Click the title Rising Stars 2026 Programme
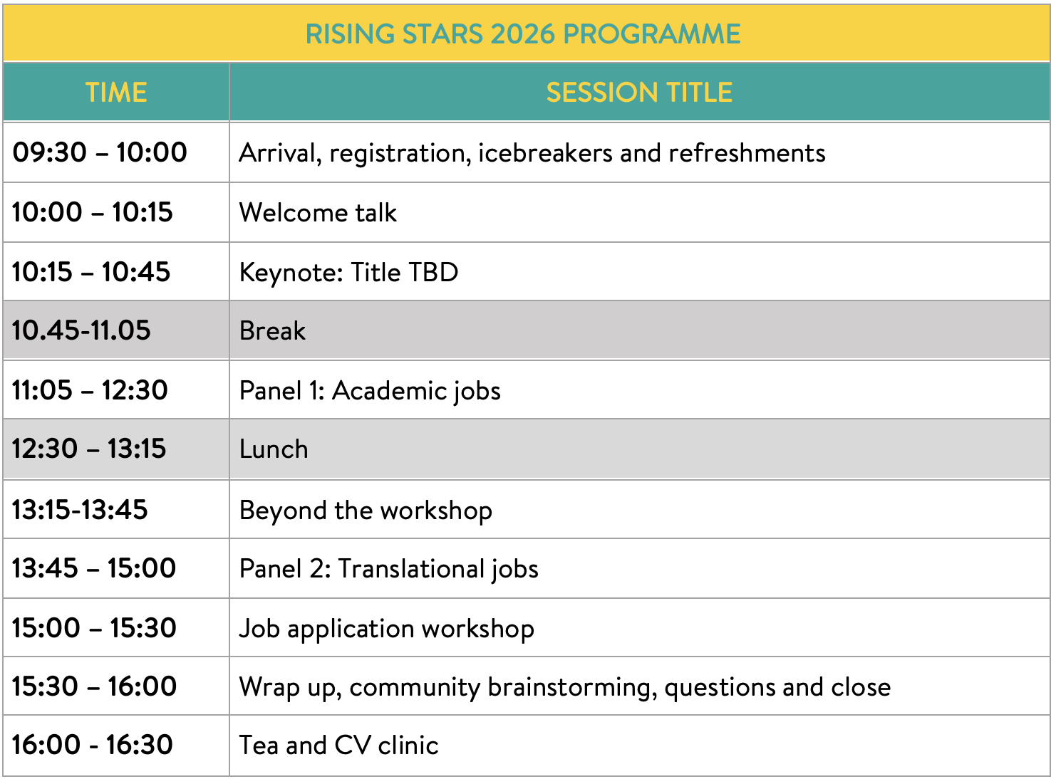click(x=523, y=34)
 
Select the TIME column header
click(x=116, y=92)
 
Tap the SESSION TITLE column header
click(x=639, y=92)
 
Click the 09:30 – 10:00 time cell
click(x=100, y=152)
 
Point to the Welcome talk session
click(x=318, y=212)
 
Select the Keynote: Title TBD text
click(x=348, y=272)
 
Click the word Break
click(x=272, y=330)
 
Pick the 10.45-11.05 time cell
click(x=81, y=330)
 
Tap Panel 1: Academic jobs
click(x=370, y=391)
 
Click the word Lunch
click(x=274, y=449)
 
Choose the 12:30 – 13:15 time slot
click(x=89, y=449)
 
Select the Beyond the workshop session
click(x=366, y=511)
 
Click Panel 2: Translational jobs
click(x=389, y=569)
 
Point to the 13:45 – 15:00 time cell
click(x=94, y=568)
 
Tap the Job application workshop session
click(x=387, y=629)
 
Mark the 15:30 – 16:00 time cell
click(x=94, y=686)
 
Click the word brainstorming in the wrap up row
click(x=572, y=688)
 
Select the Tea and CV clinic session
click(x=338, y=746)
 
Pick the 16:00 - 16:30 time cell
click(x=93, y=745)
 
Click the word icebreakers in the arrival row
click(x=545, y=153)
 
